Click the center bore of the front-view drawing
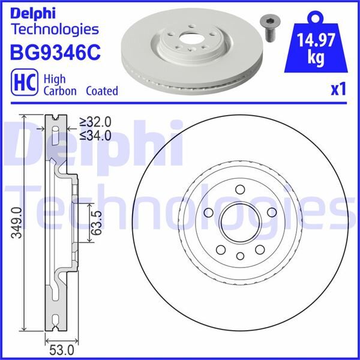coord(239,221)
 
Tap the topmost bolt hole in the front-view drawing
coord(239,188)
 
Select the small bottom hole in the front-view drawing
coord(239,256)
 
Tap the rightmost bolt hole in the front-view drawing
coord(270,211)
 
